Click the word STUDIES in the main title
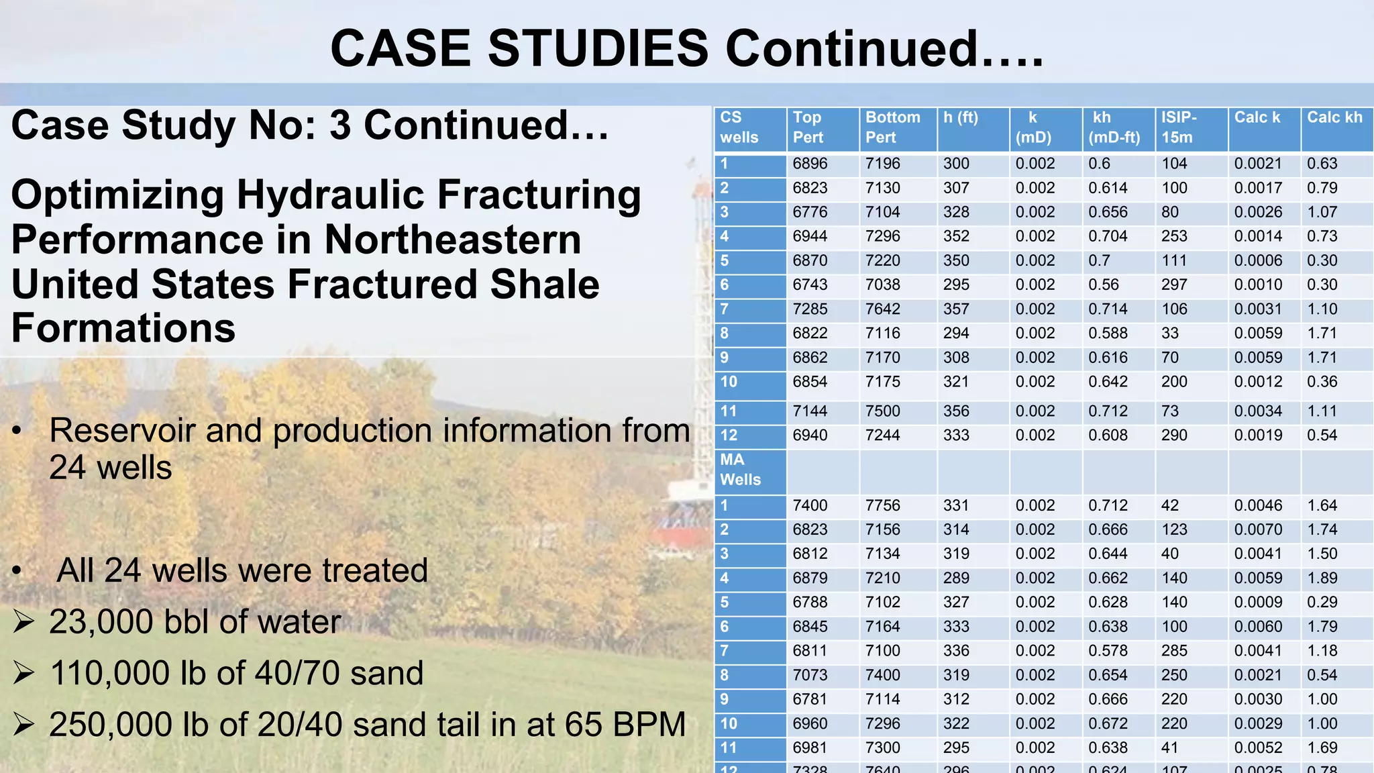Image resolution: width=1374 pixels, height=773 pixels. pos(597,49)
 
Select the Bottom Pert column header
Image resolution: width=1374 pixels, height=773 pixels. pos(892,127)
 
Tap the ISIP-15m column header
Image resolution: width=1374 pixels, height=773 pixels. pos(1179,127)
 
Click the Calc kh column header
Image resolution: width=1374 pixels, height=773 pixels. pos(1334,118)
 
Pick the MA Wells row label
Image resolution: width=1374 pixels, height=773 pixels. pos(740,470)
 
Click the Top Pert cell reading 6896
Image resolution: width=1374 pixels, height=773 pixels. pos(810,164)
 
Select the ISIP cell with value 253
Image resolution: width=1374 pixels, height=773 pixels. pos(1174,236)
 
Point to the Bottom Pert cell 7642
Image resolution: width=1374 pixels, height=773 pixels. pos(883,309)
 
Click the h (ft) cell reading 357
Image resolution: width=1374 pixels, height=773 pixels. pos(956,309)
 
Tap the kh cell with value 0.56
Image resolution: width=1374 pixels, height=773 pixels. pos(1104,285)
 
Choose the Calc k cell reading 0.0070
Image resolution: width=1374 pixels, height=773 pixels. pos(1258,529)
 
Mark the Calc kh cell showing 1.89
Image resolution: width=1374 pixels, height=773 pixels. pos(1322,578)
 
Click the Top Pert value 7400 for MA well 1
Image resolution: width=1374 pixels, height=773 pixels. pos(810,505)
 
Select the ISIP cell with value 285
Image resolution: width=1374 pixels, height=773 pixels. pos(1174,650)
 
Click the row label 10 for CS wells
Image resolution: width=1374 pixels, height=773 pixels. pos(729,382)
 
